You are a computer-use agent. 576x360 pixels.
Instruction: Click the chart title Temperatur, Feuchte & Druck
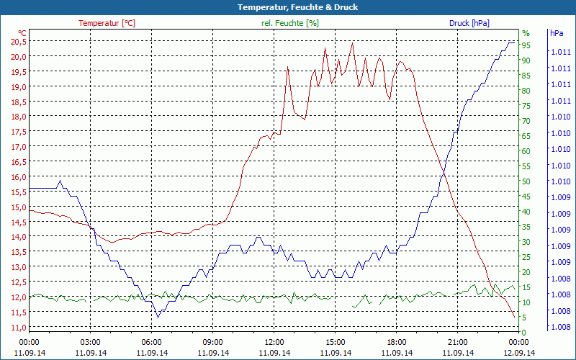click(288, 7)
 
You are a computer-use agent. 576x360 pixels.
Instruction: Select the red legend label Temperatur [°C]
click(107, 23)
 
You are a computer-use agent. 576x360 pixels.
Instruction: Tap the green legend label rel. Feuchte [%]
click(289, 23)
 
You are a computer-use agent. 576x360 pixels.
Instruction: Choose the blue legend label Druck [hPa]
click(469, 23)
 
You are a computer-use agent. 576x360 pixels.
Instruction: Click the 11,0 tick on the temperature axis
click(19, 328)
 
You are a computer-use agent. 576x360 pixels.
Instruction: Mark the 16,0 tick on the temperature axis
click(19, 177)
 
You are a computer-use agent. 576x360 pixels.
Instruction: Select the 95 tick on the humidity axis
click(526, 45)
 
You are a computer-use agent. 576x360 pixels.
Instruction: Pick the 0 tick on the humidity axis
click(524, 332)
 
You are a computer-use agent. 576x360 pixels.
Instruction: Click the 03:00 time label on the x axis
click(90, 342)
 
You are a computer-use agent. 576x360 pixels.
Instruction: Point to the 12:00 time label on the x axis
click(274, 342)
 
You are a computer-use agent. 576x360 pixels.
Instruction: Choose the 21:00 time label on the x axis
click(457, 342)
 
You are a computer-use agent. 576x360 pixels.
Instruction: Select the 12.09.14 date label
click(518, 353)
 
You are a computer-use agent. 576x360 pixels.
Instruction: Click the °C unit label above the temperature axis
click(22, 32)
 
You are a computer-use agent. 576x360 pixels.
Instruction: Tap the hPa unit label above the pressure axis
click(556, 33)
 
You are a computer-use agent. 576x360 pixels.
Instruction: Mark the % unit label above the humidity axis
click(526, 33)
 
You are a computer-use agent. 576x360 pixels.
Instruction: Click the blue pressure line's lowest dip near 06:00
click(158, 317)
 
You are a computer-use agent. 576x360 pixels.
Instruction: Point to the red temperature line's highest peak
click(352, 43)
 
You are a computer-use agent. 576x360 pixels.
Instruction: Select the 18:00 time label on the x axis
click(396, 342)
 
